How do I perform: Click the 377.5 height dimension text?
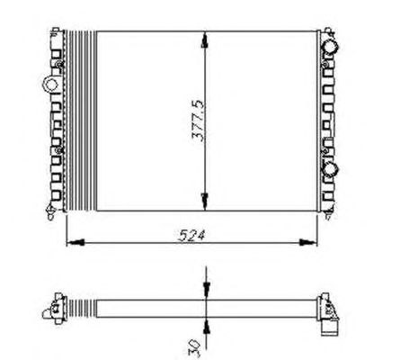198,121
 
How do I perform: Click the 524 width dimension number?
192,235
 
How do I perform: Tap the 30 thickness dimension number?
194,347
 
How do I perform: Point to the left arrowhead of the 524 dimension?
75,242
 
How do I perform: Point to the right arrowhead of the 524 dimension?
308,242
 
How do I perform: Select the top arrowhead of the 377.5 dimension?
205,40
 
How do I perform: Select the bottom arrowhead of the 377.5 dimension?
205,202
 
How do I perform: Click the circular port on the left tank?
50,84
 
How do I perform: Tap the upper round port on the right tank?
331,47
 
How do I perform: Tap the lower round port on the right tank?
331,170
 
